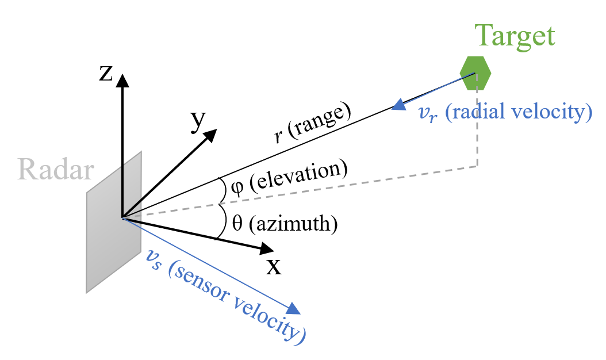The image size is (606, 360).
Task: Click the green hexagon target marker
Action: (x=475, y=73)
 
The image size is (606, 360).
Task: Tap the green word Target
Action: (x=515, y=37)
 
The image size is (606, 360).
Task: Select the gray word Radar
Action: (x=55, y=170)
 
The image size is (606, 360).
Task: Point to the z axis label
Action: (x=105, y=73)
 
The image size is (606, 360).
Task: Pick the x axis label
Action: (x=273, y=266)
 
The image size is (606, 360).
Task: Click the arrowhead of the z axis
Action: (x=121, y=80)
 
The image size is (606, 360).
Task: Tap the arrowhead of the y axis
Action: (x=210, y=136)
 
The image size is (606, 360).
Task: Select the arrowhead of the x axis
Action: (x=267, y=249)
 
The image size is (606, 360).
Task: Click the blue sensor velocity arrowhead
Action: (x=294, y=309)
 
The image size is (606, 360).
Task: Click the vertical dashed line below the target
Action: (x=477, y=129)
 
